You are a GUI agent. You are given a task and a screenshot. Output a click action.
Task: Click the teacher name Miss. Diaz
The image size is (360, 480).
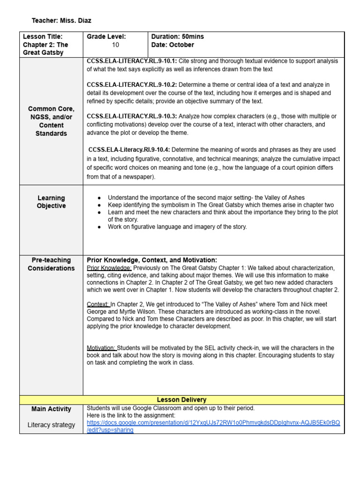[x=77, y=21]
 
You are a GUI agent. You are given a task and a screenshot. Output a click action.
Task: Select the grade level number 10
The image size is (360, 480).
[x=116, y=45]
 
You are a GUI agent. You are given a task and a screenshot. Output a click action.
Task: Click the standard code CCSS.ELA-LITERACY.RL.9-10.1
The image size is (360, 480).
[x=130, y=61]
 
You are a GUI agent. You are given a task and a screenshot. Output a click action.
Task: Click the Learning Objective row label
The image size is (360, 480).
[x=51, y=202]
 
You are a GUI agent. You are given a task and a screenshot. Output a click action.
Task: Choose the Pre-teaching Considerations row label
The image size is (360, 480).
[x=51, y=264]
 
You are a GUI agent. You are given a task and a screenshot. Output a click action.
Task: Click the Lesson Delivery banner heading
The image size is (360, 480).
[x=181, y=400]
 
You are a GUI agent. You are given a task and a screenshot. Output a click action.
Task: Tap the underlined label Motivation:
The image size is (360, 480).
[x=102, y=348]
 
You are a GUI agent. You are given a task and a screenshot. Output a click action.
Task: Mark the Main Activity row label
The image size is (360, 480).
[x=51, y=409]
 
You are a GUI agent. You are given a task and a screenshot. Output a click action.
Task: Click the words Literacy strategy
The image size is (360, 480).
[x=51, y=425]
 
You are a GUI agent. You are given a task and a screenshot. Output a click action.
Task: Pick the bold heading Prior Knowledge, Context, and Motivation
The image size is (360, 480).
[x=152, y=260]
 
